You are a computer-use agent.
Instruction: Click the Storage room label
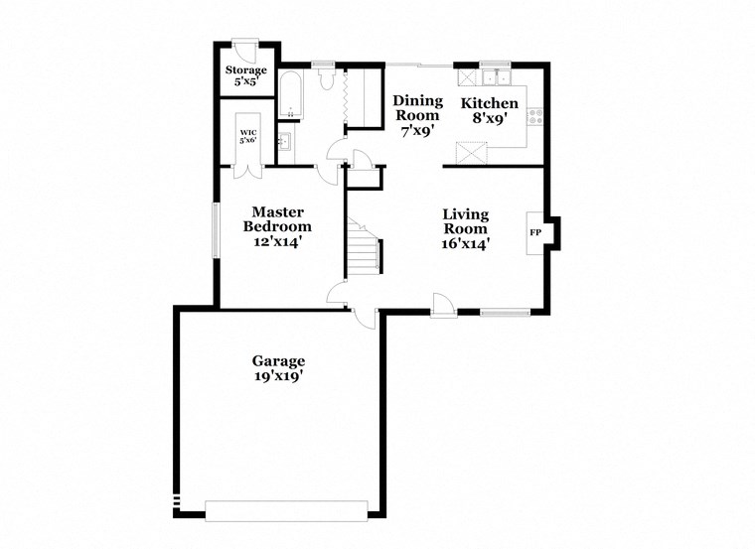click(x=244, y=70)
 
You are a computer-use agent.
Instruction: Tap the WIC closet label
click(x=248, y=131)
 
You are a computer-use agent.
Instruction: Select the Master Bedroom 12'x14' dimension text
click(x=278, y=240)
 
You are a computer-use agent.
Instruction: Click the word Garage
click(x=278, y=361)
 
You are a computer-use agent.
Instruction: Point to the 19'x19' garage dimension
click(x=278, y=376)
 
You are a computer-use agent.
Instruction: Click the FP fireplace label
click(x=535, y=232)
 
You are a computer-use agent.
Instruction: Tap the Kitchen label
click(x=489, y=103)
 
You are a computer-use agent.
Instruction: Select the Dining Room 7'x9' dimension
click(x=416, y=129)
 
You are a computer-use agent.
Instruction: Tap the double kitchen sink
click(x=494, y=77)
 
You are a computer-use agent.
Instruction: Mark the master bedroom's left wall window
click(x=216, y=231)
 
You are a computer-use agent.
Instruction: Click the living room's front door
click(x=443, y=307)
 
